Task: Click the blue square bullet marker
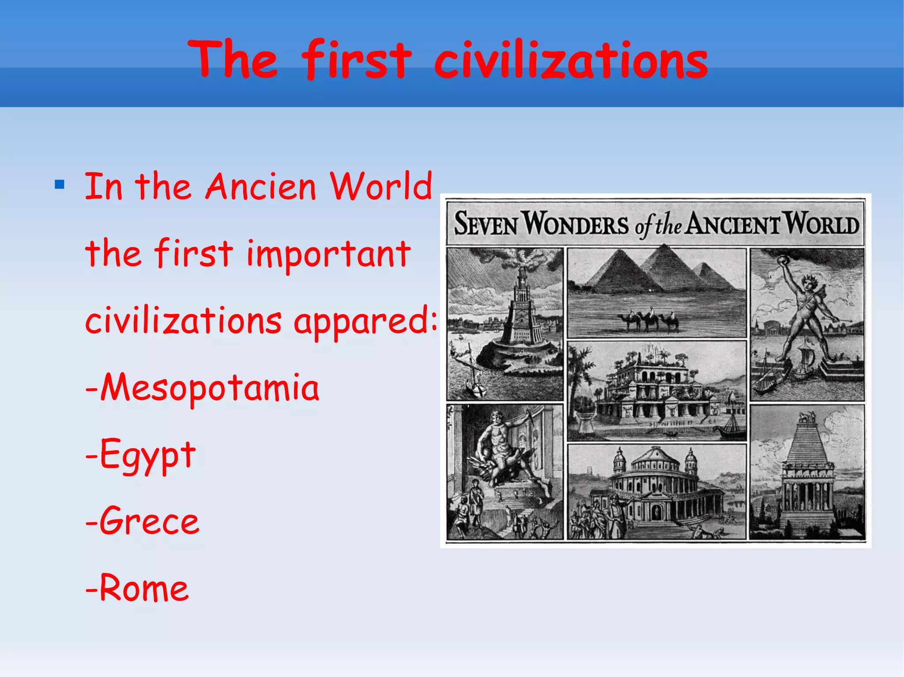(60, 184)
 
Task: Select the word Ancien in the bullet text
(261, 187)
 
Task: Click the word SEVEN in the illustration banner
(486, 224)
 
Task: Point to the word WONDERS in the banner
(576, 224)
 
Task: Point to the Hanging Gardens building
(653, 388)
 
